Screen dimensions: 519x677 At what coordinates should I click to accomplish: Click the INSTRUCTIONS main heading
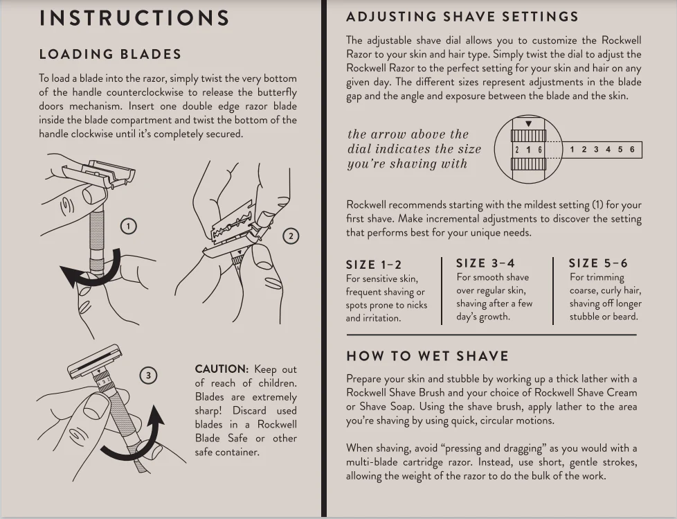[x=134, y=18]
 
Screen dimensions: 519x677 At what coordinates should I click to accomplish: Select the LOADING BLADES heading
[x=110, y=54]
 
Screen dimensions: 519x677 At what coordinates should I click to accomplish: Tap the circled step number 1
[x=129, y=226]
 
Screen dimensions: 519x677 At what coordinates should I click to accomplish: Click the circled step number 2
[x=291, y=236]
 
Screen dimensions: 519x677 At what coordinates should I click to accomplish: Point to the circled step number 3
[x=147, y=376]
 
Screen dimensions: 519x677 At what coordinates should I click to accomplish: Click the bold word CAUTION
[x=221, y=369]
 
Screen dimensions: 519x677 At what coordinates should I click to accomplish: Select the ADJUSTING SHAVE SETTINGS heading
[x=462, y=17]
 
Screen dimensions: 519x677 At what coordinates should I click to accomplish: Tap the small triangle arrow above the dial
[x=528, y=124]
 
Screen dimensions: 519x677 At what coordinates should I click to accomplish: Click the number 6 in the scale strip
[x=631, y=150]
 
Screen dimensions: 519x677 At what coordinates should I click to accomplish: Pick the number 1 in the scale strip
[x=572, y=150]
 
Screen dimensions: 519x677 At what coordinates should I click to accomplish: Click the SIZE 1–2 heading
[x=373, y=265]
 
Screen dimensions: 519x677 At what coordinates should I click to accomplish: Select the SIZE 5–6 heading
[x=598, y=263]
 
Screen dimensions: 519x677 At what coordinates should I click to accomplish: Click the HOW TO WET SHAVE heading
[x=427, y=356]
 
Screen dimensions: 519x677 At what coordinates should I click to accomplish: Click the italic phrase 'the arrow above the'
[x=408, y=134]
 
